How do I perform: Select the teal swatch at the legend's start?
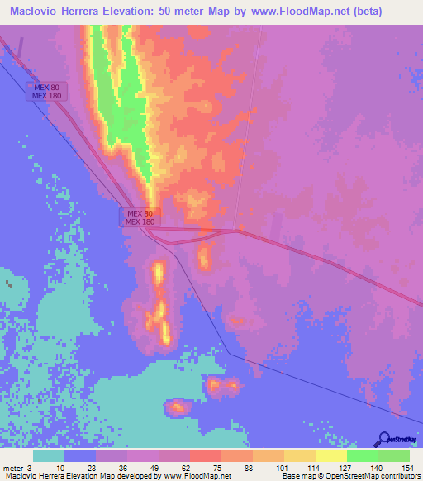tap(48, 455)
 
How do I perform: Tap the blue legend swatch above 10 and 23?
tap(79, 455)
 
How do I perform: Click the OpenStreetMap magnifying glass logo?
tap(383, 439)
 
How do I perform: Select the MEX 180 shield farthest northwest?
tap(46, 96)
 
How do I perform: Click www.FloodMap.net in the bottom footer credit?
tap(195, 476)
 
